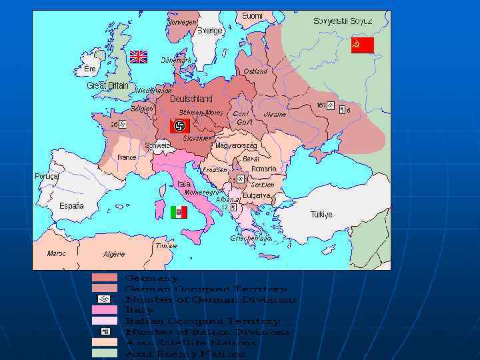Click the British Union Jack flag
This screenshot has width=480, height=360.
[x=138, y=57]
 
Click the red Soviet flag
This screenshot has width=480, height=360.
[x=362, y=45]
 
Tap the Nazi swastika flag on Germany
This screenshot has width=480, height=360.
[x=179, y=125]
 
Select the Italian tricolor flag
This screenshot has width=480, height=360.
[x=179, y=212]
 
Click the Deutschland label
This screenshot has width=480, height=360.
[x=191, y=99]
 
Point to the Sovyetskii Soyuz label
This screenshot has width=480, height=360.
[x=342, y=21]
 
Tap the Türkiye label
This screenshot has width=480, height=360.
[x=321, y=215]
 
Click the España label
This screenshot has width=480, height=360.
[x=71, y=206]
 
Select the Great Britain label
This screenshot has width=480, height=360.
[x=107, y=85]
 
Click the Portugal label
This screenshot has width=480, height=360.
[x=47, y=176]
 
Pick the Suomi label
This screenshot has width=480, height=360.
[x=252, y=15]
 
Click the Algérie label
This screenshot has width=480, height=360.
[x=114, y=254]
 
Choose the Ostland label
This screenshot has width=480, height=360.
[x=255, y=71]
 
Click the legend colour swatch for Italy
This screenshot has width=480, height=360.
[x=104, y=310]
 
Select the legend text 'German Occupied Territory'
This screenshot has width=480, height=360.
[x=206, y=289]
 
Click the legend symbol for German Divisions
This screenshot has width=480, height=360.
[x=104, y=299]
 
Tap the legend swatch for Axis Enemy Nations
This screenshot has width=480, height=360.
[x=104, y=353]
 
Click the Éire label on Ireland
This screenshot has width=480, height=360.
[x=89, y=69]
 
